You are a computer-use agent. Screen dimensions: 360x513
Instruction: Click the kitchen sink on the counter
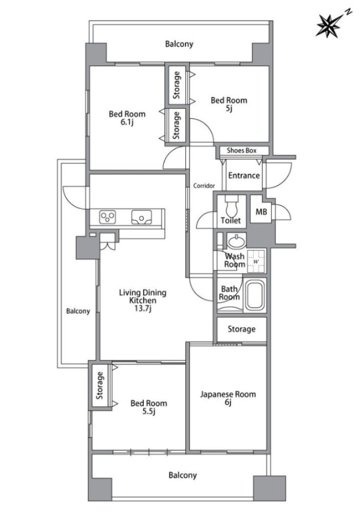(x=141, y=217)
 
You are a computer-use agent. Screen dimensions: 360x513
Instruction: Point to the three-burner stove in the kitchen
(x=108, y=217)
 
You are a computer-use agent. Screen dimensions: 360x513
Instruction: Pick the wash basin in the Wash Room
(x=236, y=242)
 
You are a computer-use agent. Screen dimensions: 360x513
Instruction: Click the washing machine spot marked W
(x=256, y=261)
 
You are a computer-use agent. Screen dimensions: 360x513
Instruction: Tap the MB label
(x=261, y=212)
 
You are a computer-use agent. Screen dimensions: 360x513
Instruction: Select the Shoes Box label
(x=242, y=150)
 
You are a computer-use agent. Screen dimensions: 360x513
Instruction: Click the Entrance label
(x=244, y=176)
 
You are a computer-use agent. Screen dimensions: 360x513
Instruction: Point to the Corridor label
(x=204, y=186)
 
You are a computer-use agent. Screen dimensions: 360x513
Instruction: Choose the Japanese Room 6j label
(x=228, y=398)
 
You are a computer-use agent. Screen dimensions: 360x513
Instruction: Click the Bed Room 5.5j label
(x=148, y=407)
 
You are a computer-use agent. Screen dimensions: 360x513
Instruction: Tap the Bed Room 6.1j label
(x=127, y=118)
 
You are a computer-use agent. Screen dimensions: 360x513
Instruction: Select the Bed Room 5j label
(x=229, y=104)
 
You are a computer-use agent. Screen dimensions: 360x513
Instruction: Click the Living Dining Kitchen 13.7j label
(x=143, y=300)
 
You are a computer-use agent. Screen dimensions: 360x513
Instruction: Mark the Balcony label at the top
(x=179, y=44)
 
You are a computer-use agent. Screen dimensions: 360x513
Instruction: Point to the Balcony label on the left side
(x=78, y=311)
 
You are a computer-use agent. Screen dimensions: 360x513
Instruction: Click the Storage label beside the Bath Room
(x=241, y=329)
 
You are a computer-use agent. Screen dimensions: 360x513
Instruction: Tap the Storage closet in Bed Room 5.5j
(x=100, y=386)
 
